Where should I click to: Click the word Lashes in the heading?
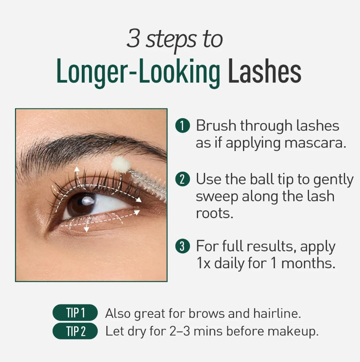click(264, 72)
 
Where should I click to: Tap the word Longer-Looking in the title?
click(138, 72)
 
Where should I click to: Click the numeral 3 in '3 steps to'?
click(133, 39)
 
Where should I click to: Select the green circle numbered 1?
click(182, 126)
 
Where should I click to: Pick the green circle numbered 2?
click(182, 179)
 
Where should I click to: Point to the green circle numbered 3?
click(182, 246)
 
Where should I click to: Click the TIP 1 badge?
click(75, 313)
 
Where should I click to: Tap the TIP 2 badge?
click(75, 331)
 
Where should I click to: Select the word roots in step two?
click(215, 213)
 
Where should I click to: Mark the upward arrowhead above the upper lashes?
click(77, 169)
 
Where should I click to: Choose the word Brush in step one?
click(218, 126)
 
